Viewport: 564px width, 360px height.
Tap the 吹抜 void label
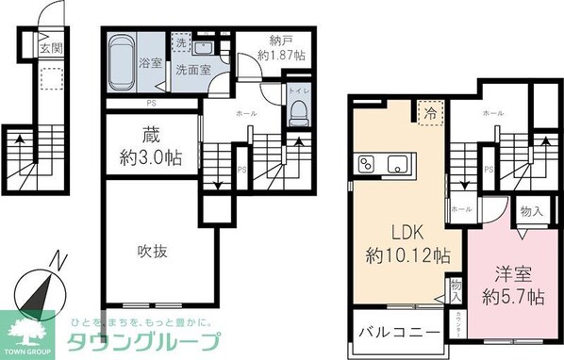pos(153,252)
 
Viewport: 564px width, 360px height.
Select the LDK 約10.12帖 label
pos(406,243)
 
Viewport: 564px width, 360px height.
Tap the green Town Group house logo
pos(29,331)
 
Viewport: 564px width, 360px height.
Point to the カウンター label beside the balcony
pos(456,326)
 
